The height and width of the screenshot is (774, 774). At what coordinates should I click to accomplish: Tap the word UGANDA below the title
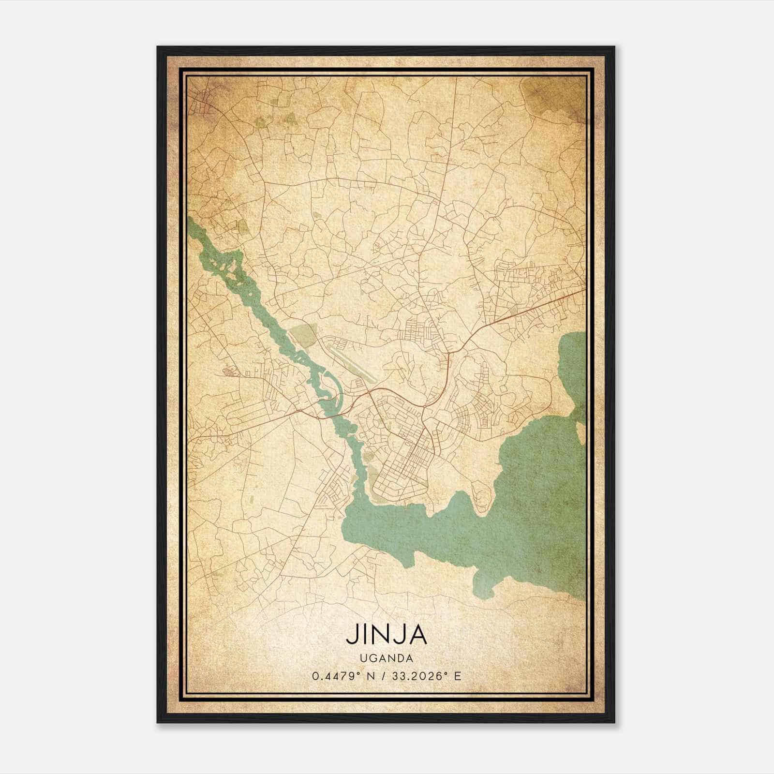pyautogui.click(x=386, y=658)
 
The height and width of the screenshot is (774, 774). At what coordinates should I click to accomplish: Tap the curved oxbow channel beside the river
pyautogui.click(x=331, y=387)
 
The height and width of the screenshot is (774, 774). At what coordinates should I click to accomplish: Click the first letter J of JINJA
pyautogui.click(x=351, y=636)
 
